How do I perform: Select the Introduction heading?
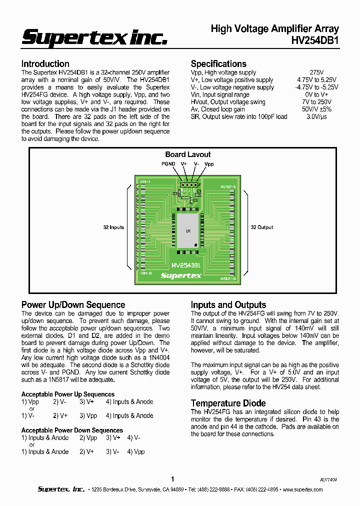pyautogui.click(x=45, y=63)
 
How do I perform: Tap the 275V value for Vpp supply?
pyautogui.click(x=316, y=72)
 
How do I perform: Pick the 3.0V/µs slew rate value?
pyautogui.click(x=316, y=116)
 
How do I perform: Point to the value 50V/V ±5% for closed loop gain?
pyautogui.click(x=316, y=109)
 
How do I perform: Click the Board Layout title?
pyautogui.click(x=188, y=154)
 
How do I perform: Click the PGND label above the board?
pyautogui.click(x=168, y=163)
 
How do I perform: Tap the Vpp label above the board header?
pyautogui.click(x=209, y=163)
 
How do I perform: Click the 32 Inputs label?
pyautogui.click(x=113, y=227)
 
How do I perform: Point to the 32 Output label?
pyautogui.click(x=262, y=227)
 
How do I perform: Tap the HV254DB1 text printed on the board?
pyautogui.click(x=186, y=265)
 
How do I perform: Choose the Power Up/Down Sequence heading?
pyautogui.click(x=73, y=304)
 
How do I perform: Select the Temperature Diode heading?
pyautogui.click(x=228, y=403)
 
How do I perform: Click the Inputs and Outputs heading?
pyautogui.click(x=228, y=304)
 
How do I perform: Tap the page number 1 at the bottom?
pyautogui.click(x=172, y=478)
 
